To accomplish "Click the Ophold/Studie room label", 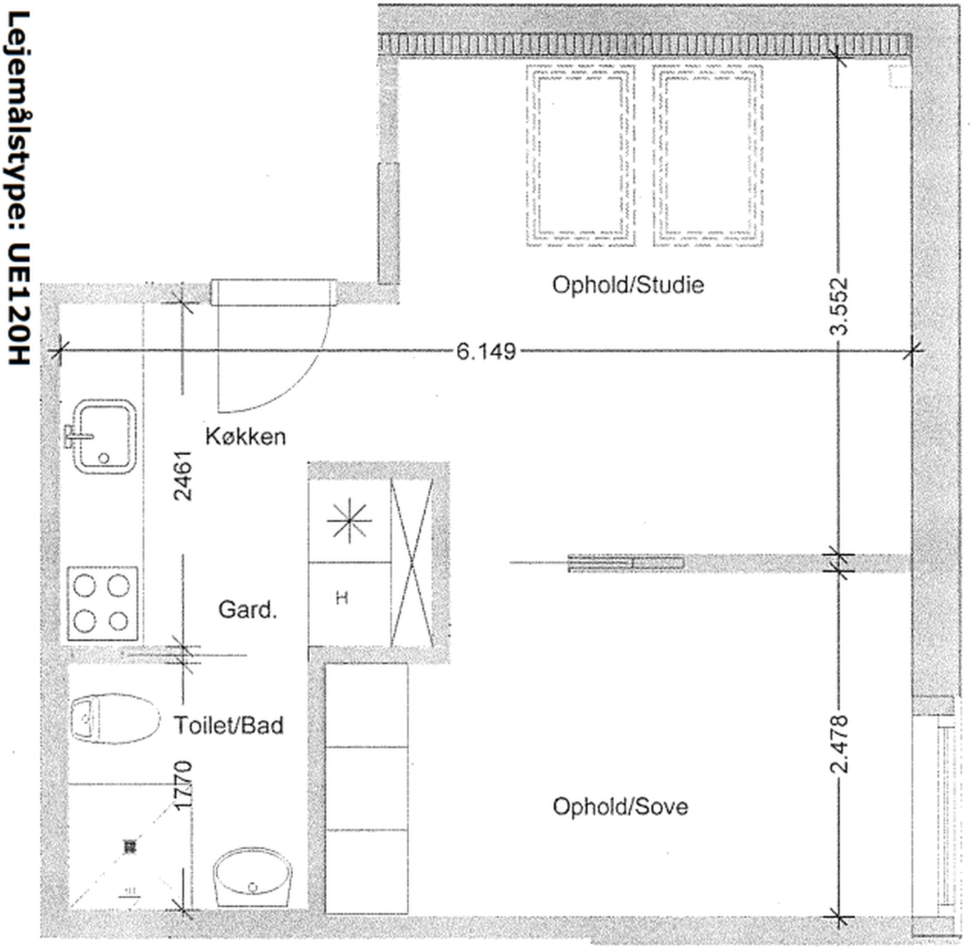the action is [628, 285].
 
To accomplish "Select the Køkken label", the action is [245, 437].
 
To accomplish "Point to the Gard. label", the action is [247, 609].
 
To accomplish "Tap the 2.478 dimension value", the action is [838, 744].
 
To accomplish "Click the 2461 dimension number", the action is [182, 476].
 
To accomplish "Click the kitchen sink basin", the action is [105, 436].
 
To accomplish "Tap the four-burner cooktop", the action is [102, 604].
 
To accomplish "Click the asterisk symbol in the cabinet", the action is [349, 520].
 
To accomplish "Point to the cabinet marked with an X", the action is [412, 562].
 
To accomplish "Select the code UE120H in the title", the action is [19, 304].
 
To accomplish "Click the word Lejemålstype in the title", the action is [19, 120].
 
